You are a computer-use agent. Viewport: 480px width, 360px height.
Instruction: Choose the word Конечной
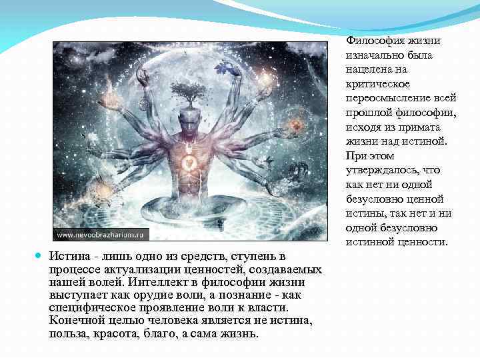tap(73, 320)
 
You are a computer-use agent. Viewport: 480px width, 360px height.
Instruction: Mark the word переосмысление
tap(384, 97)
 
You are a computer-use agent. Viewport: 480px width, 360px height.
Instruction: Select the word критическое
tap(377, 83)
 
